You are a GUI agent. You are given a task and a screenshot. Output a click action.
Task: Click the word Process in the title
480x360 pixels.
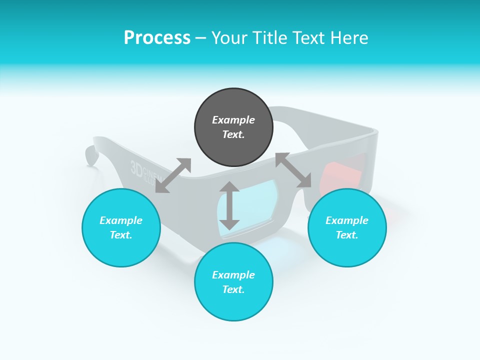(x=157, y=38)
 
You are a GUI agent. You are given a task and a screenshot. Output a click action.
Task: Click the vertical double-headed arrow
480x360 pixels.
(x=229, y=205)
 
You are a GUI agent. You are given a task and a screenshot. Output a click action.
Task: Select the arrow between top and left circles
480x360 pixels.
(x=173, y=175)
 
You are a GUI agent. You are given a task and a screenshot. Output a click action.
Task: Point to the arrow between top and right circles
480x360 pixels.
(x=293, y=170)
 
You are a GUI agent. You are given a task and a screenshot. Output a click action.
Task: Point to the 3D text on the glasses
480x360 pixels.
(x=136, y=168)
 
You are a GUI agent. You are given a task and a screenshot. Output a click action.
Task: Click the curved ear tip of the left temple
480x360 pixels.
(x=90, y=155)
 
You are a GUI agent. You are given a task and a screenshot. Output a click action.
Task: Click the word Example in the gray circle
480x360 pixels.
(x=233, y=120)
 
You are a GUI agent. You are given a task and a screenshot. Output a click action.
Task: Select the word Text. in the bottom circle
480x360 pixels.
(x=233, y=289)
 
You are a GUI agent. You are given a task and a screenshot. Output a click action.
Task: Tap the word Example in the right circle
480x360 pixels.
(x=347, y=220)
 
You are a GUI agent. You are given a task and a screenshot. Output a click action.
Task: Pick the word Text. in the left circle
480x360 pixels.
(x=121, y=235)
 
